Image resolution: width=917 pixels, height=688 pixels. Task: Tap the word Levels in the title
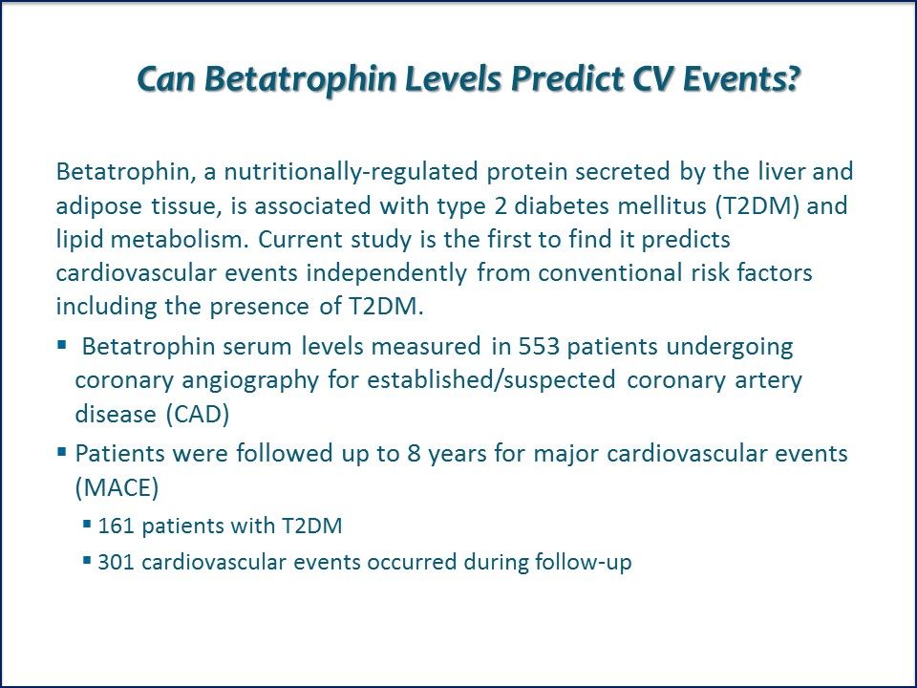pyautogui.click(x=453, y=79)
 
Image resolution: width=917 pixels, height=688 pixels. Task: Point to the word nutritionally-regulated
pyautogui.click(x=352, y=172)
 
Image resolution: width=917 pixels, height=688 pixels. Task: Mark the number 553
pyautogui.click(x=539, y=346)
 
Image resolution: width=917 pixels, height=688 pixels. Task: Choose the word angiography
pyautogui.click(x=251, y=381)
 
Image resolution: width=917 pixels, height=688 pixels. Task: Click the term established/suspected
pyautogui.click(x=491, y=381)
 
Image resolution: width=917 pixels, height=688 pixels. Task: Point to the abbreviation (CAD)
pyautogui.click(x=198, y=414)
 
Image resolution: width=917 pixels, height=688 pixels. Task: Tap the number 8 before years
pyautogui.click(x=414, y=454)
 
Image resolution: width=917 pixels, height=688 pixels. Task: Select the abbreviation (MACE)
pyautogui.click(x=117, y=487)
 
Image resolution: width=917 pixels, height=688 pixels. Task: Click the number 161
pyautogui.click(x=116, y=526)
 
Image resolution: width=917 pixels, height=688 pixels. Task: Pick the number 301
pyautogui.click(x=116, y=562)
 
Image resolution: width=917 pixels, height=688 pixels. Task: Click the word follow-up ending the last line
pyautogui.click(x=583, y=562)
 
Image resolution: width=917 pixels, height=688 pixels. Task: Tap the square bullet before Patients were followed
pyautogui.click(x=62, y=452)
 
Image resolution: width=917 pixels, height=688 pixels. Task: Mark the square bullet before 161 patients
pyautogui.click(x=87, y=525)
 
